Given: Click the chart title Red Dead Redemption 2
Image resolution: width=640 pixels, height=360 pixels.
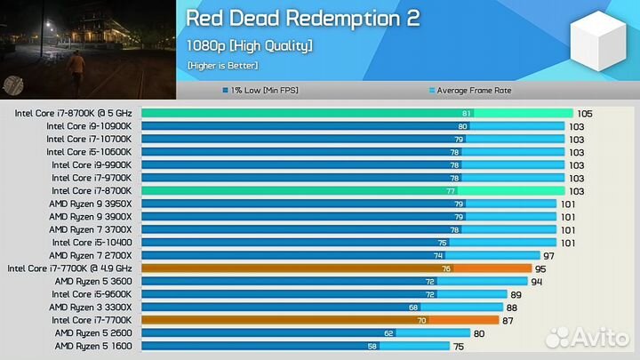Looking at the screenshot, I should coord(302,19).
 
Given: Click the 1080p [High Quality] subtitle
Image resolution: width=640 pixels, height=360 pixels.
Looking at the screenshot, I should coord(249,45).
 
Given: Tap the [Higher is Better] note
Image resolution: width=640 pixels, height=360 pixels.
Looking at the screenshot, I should coord(222,66).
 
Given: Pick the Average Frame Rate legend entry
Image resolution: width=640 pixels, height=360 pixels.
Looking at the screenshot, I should coord(470,91).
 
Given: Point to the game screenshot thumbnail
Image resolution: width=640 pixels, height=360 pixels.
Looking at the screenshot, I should coord(87,49).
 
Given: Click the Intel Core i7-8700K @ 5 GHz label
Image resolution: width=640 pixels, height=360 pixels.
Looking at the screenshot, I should coord(73,114).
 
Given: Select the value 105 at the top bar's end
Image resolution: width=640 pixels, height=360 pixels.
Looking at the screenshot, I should coord(584,114).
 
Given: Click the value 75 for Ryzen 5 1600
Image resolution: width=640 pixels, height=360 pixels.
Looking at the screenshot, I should coord(459,346).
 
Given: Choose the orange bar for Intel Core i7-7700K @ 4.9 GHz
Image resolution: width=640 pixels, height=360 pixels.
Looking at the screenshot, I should coord(336,268).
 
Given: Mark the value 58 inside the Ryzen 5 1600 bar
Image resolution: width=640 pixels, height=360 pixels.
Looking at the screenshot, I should coord(372,346).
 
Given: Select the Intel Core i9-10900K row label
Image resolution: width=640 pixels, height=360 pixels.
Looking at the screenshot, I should coord(89,126).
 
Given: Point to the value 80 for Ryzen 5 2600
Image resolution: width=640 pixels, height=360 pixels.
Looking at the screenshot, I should coord(478,333).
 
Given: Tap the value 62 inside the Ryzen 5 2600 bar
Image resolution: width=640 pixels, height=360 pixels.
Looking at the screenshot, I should coord(388,333).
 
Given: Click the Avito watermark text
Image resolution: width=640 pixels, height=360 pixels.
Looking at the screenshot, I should coord(600,337).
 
